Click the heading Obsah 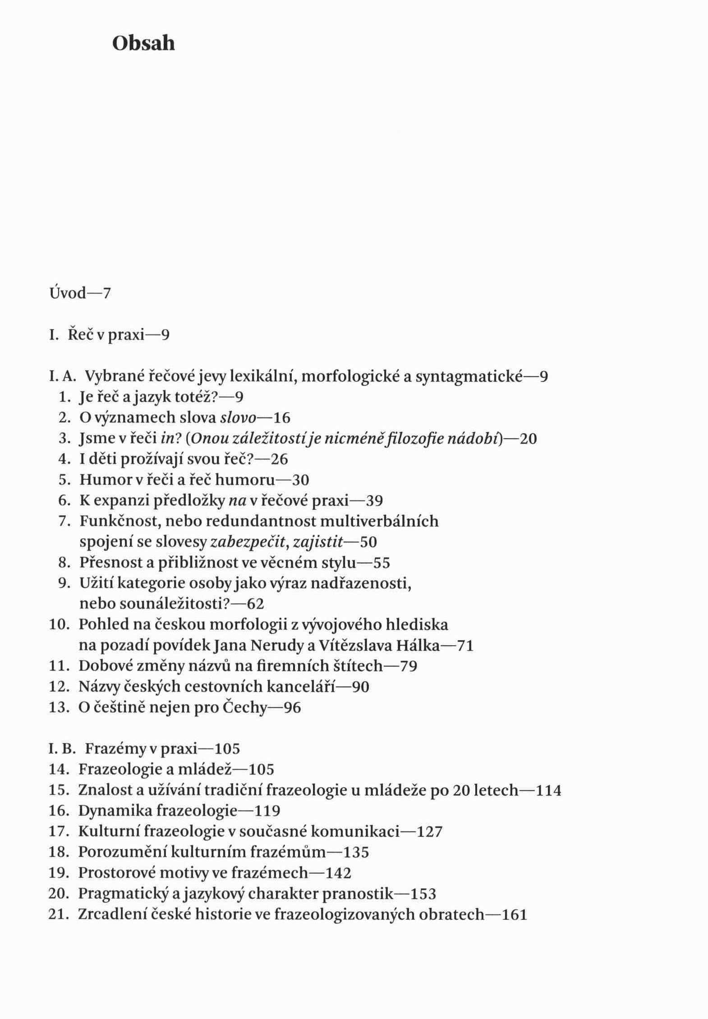pyautogui.click(x=143, y=44)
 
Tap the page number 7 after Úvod pyautogui.click(x=106, y=294)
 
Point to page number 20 pyautogui.click(x=528, y=438)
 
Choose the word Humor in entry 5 pyautogui.click(x=104, y=480)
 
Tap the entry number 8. pyautogui.click(x=63, y=563)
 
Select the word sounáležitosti pyautogui.click(x=162, y=604)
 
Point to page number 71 pyautogui.click(x=465, y=646)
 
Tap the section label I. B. pyautogui.click(x=61, y=749)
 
